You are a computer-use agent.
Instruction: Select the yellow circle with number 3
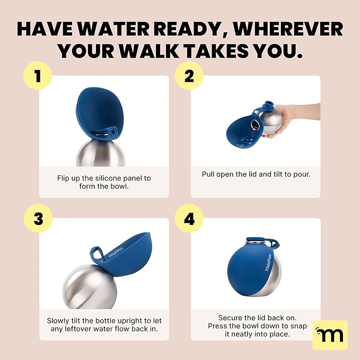[37, 218]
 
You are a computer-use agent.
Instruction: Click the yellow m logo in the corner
[330, 335]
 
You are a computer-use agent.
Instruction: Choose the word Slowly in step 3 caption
[60, 321]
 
